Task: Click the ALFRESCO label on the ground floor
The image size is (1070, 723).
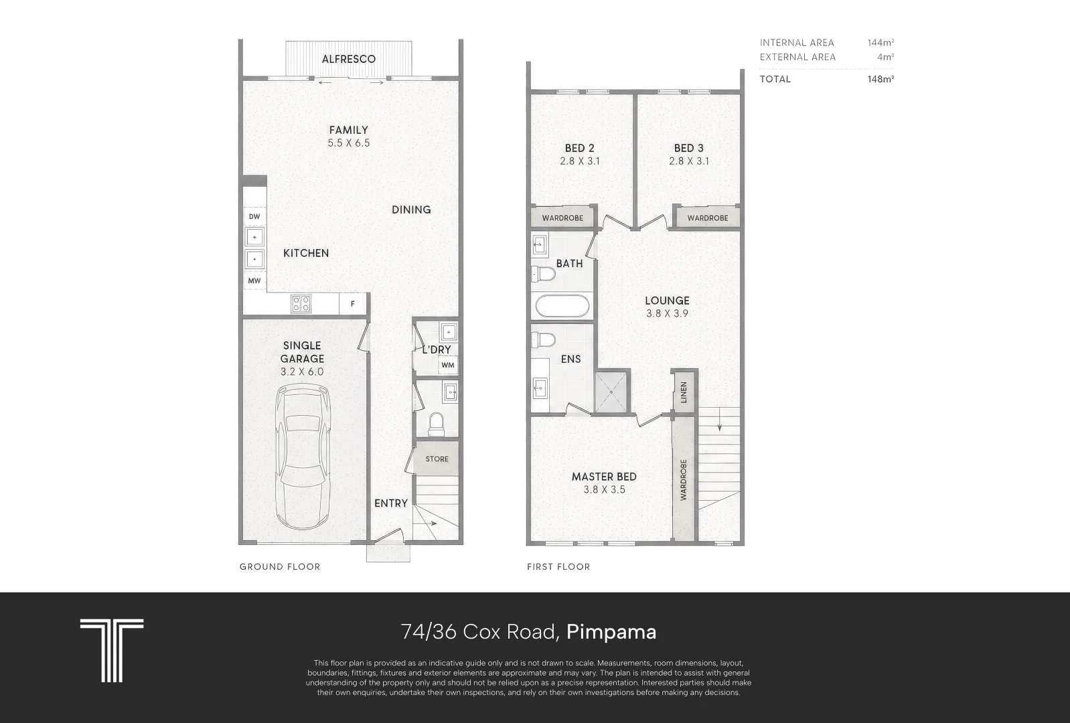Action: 349,59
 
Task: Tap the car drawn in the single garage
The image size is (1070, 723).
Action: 303,457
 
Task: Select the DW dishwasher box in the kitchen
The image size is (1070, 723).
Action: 254,216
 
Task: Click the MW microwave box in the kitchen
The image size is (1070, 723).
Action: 254,280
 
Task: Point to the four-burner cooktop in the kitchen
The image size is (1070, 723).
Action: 301,303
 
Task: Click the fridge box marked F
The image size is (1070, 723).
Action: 352,304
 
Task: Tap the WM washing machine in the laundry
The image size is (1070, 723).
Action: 447,366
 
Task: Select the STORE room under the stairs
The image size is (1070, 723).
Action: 437,459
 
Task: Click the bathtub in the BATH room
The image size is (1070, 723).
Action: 562,306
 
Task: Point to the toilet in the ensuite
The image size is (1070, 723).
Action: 544,340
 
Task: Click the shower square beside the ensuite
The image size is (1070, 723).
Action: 611,392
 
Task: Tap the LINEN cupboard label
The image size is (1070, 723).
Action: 684,392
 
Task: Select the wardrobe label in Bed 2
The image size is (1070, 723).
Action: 562,218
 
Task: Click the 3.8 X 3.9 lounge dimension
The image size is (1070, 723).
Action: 668,314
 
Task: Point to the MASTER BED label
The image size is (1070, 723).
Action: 604,477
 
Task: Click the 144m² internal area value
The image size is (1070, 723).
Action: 881,42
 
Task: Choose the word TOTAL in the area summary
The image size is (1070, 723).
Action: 775,79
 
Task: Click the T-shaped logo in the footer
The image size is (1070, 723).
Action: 112,651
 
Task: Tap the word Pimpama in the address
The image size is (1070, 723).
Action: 611,632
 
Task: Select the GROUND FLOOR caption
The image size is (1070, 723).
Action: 280,567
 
